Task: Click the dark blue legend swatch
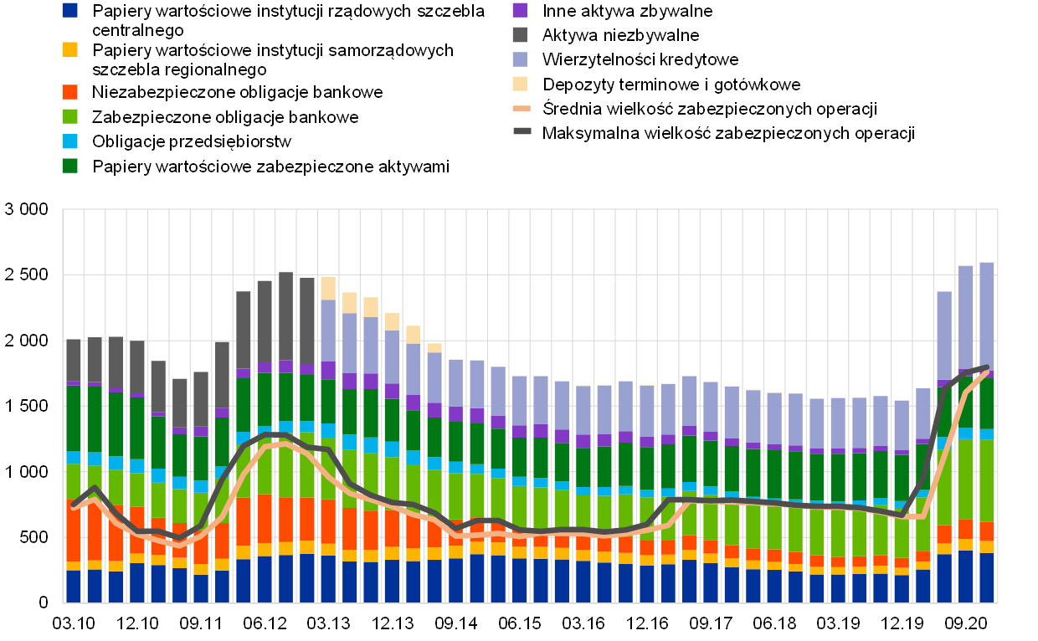[69, 10]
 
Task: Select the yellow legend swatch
[69, 49]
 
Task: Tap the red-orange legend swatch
[69, 92]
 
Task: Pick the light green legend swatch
[69, 116]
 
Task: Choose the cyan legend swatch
[69, 141]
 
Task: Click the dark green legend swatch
[69, 166]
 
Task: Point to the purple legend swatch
[520, 10]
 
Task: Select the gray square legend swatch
[520, 34]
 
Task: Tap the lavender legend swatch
[520, 59]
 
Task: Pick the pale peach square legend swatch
[520, 84]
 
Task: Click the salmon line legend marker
[522, 108]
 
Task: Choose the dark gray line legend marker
[522, 131]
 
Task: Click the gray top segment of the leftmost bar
[74, 360]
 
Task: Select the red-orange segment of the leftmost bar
[74, 531]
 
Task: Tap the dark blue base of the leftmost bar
[74, 586]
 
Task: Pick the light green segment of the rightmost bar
[987, 480]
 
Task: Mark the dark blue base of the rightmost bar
[987, 577]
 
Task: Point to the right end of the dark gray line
[988, 367]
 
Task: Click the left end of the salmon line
[74, 507]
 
